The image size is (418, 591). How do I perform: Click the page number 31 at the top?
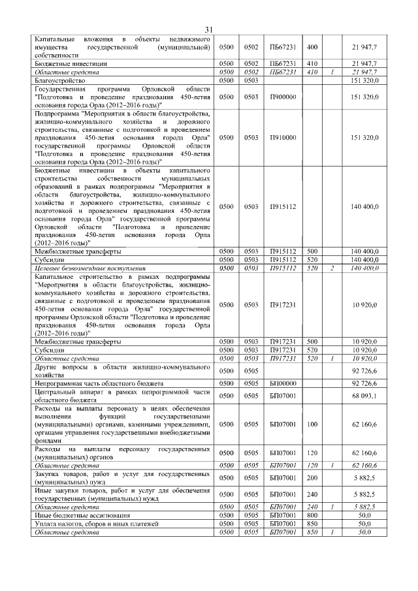(209, 29)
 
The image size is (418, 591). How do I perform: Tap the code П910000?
(282, 138)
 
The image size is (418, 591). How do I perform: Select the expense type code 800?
(312, 515)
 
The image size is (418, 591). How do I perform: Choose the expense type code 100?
(312, 424)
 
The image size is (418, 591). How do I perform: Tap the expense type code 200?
(312, 477)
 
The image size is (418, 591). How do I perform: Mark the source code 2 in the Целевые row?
(332, 268)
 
